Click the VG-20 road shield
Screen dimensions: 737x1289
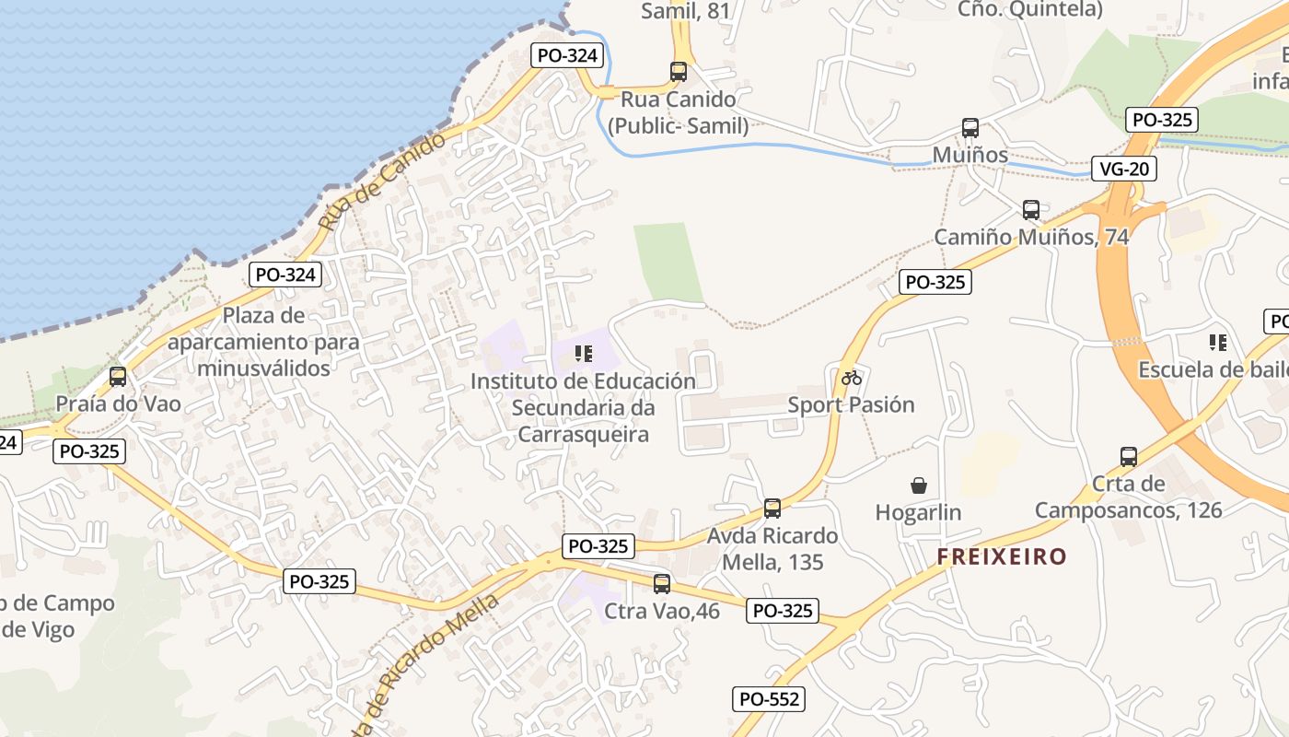tap(1124, 170)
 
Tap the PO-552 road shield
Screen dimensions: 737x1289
tap(770, 699)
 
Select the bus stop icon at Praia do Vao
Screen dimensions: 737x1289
tap(118, 377)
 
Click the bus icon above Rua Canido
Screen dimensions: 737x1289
tap(679, 71)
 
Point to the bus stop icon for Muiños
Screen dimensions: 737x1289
tap(970, 128)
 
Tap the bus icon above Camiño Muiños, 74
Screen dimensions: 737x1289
tap(1031, 210)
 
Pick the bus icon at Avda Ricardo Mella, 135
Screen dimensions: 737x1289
tap(772, 509)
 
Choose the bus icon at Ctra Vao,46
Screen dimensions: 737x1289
tap(662, 583)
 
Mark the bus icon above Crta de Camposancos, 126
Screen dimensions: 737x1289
tap(1129, 456)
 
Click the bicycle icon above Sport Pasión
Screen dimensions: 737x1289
tap(852, 378)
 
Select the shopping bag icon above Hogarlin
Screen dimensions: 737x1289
tap(918, 485)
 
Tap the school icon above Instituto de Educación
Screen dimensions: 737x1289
tap(583, 354)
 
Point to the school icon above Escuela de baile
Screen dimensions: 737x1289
tap(1218, 343)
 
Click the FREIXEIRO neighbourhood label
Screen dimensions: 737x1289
tap(1002, 556)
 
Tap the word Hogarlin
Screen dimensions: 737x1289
tap(918, 512)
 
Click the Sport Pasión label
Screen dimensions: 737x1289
tap(851, 404)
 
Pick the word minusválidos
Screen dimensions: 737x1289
tap(264, 368)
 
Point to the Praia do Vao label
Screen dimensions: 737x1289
tap(118, 404)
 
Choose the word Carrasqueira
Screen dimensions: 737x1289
tap(584, 434)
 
